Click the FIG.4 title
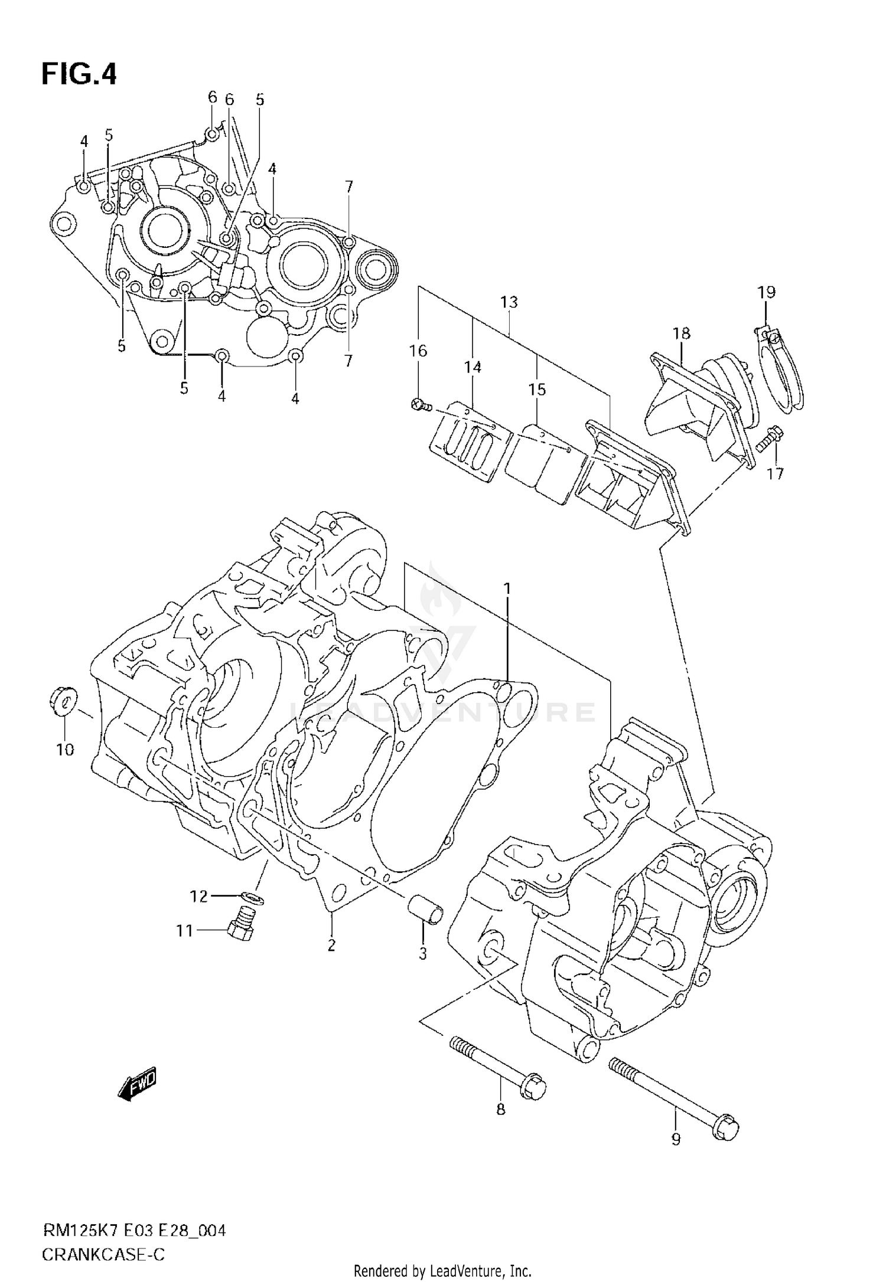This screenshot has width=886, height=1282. point(79,75)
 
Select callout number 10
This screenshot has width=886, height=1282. point(65,750)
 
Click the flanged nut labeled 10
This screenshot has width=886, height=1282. point(60,701)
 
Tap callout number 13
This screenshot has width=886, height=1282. point(509,302)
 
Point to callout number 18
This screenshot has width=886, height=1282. point(681,333)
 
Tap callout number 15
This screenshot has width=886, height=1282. point(537,390)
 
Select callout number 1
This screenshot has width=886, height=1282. point(507,589)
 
